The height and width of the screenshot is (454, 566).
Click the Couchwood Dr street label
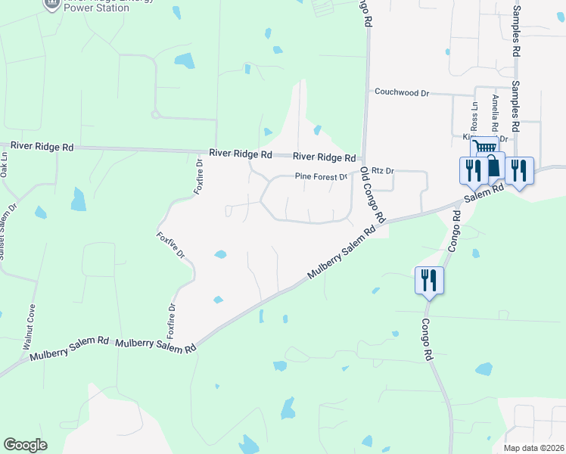click(x=402, y=92)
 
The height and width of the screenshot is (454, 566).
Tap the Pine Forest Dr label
click(x=320, y=178)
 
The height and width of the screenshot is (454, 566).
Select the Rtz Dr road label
click(x=384, y=172)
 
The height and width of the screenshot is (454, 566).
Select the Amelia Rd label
click(x=495, y=113)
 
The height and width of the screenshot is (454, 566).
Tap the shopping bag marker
click(x=493, y=166)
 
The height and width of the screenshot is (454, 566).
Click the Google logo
click(x=25, y=445)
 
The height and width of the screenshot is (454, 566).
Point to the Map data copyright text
click(x=533, y=448)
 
